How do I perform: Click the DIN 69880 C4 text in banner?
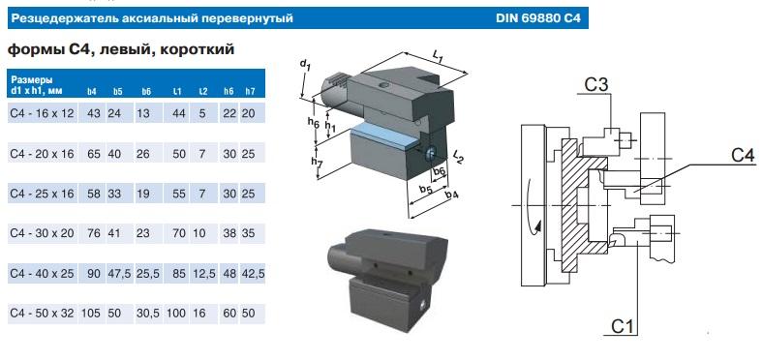click(x=538, y=18)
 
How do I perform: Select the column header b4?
click(x=91, y=91)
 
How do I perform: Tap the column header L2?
click(x=203, y=91)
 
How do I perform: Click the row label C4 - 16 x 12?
click(x=42, y=113)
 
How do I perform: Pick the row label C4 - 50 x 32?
click(x=42, y=314)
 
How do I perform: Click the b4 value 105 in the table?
click(x=91, y=314)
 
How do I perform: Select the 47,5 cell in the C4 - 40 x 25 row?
click(x=119, y=274)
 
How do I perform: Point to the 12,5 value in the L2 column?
click(x=204, y=274)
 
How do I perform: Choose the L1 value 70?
click(x=179, y=233)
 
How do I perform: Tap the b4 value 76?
click(x=93, y=233)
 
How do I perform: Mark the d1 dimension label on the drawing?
click(x=305, y=64)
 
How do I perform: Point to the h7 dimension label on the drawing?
click(x=318, y=165)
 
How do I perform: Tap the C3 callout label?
click(x=595, y=85)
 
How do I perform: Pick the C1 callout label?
click(x=623, y=327)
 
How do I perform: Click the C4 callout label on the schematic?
click(x=743, y=156)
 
